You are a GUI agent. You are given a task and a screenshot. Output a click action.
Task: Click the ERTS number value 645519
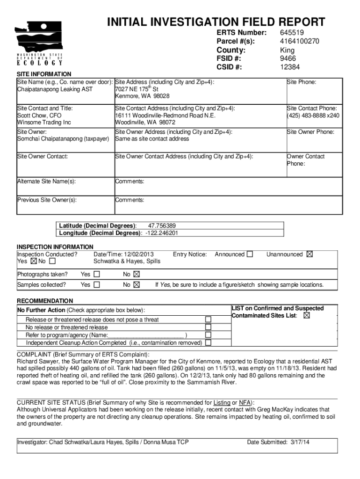292,32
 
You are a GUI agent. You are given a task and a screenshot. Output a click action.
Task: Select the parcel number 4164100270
300,41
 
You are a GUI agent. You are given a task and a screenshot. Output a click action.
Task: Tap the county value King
288,50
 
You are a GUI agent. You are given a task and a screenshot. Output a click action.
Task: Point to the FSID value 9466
288,58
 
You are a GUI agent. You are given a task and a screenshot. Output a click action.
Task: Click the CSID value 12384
289,67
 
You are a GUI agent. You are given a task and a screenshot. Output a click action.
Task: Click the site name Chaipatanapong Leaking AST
55,89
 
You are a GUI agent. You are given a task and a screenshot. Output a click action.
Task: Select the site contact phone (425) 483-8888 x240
313,116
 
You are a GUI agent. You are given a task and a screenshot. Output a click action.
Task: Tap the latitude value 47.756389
162,225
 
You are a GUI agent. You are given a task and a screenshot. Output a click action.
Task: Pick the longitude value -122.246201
161,233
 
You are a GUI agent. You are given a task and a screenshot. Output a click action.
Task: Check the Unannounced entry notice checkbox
310,254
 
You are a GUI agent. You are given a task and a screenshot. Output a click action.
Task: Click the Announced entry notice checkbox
250,254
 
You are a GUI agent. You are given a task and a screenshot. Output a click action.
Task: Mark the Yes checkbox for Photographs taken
97,274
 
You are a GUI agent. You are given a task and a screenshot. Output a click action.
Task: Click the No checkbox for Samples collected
137,284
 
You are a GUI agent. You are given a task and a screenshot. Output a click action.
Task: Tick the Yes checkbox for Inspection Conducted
33,261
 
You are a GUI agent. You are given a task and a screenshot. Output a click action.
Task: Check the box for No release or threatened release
209,327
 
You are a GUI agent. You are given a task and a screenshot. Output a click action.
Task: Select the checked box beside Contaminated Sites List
307,316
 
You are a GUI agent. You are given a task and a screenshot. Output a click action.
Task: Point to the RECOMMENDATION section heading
45,301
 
